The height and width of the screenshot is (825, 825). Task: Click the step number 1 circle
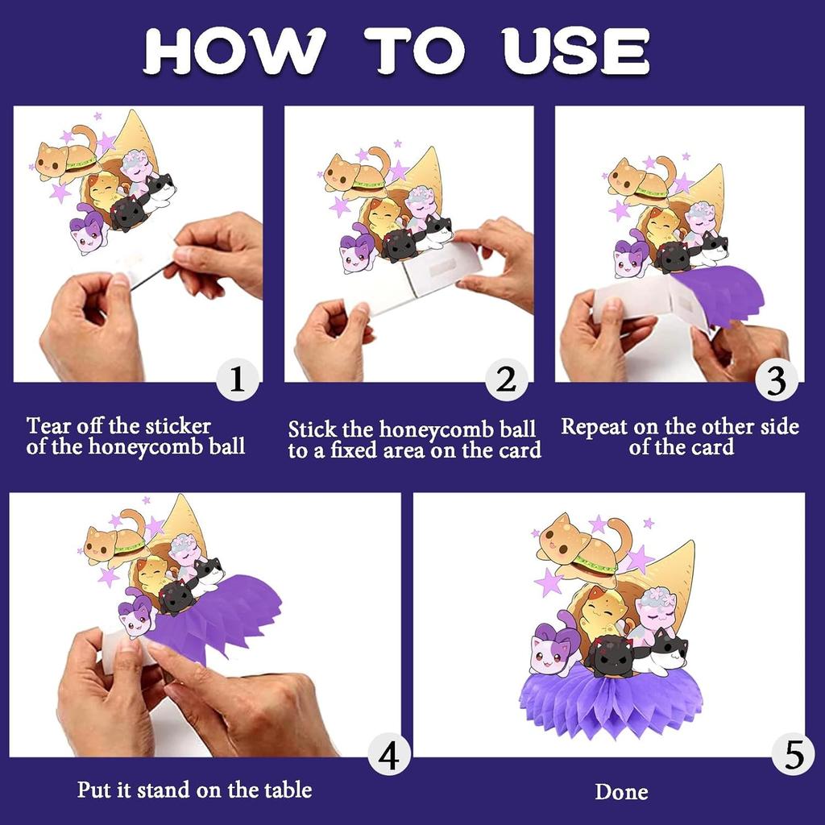pos(238,379)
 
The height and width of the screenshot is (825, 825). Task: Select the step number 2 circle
pos(506,379)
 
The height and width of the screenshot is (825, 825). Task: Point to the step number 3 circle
pos(777,380)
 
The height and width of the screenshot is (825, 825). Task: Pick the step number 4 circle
pos(389,756)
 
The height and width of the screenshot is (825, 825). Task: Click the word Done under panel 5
pos(621,791)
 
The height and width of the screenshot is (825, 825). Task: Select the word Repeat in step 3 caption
pos(594,426)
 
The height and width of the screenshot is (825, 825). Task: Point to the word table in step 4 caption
pos(288,790)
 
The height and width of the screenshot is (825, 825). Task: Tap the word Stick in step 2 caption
pos(312,429)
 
